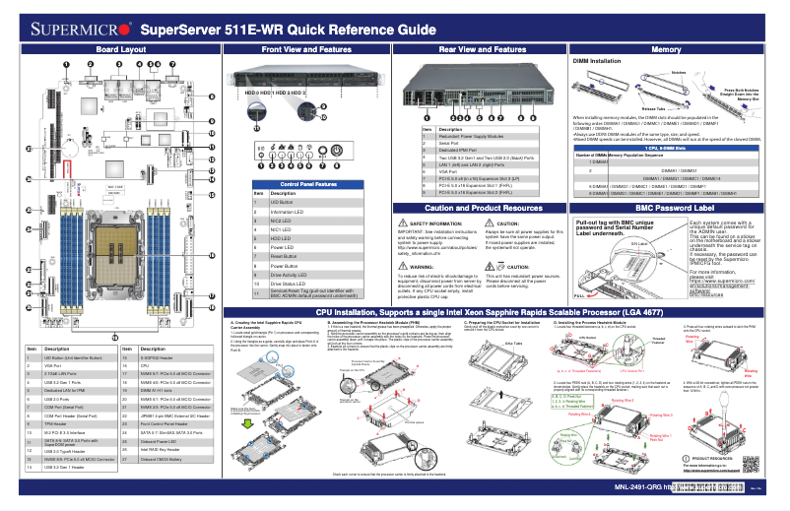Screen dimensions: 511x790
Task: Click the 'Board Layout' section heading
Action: [x=121, y=48]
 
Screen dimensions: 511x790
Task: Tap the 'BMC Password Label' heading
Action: [x=675, y=209]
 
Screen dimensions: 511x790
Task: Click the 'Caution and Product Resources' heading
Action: [x=481, y=209]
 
